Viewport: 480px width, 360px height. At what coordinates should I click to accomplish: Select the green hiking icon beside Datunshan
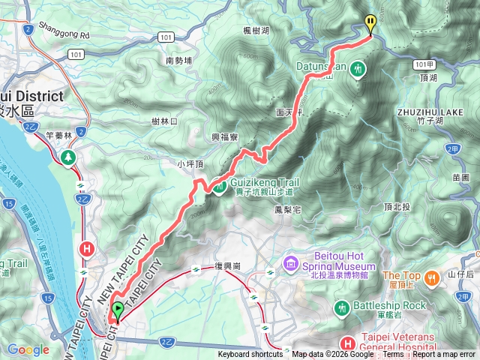[x=358, y=69]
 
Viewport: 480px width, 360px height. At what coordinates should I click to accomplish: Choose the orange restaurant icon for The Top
[x=432, y=278]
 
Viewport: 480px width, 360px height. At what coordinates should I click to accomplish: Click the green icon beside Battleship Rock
[x=342, y=306]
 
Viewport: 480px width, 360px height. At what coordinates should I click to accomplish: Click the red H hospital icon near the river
[x=88, y=248]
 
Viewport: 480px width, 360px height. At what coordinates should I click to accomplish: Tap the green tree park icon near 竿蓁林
[x=69, y=157]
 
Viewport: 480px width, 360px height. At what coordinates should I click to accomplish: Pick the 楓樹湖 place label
[x=257, y=30]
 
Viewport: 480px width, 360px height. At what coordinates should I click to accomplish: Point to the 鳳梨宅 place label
[x=287, y=210]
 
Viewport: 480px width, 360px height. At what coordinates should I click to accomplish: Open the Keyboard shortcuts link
[x=250, y=355]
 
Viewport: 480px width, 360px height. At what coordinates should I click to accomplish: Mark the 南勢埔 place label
[x=179, y=60]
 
